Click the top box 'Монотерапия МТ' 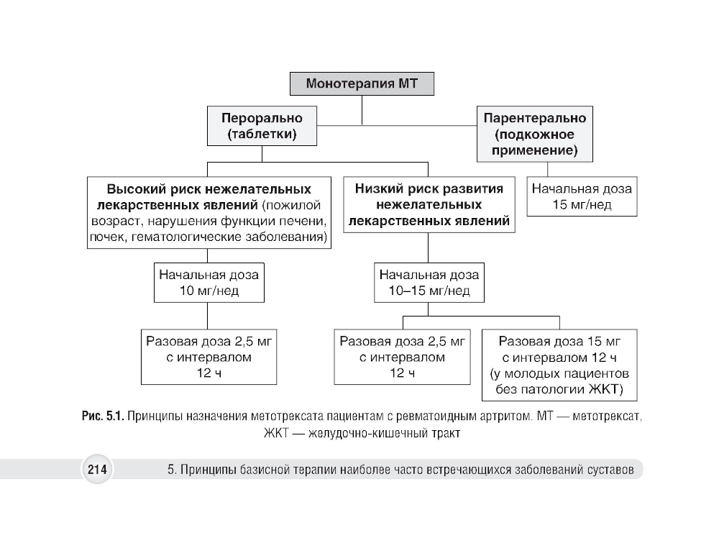(362, 83)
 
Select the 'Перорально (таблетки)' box (262, 126)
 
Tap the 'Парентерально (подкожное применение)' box (534, 134)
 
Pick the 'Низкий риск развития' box (429, 205)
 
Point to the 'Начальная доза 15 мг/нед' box (582, 196)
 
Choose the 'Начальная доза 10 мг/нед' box (208, 283)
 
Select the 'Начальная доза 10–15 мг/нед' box (429, 283)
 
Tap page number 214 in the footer (97, 470)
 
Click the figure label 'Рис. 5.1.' (104, 418)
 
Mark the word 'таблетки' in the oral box (262, 135)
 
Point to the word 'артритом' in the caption (505, 418)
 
